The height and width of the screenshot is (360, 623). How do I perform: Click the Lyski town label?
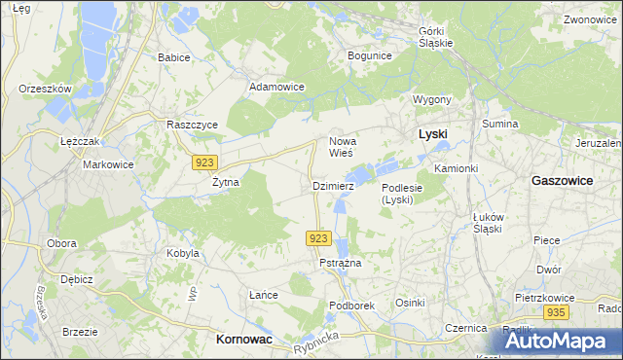pyautogui.click(x=432, y=133)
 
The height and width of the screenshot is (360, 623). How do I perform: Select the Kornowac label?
pyautogui.click(x=242, y=339)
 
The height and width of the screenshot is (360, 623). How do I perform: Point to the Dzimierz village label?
pyautogui.click(x=332, y=185)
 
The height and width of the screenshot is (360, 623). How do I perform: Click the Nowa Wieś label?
pyautogui.click(x=347, y=147)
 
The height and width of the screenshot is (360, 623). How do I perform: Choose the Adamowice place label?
pyautogui.click(x=277, y=87)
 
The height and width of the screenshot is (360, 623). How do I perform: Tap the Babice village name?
pyautogui.click(x=173, y=57)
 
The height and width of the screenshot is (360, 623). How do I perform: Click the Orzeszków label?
pyautogui.click(x=46, y=89)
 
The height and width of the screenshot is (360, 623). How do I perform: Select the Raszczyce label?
pyautogui.click(x=192, y=126)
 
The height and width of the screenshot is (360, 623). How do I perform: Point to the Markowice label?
pyautogui.click(x=107, y=164)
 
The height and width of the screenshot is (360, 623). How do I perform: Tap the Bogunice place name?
pyautogui.click(x=369, y=55)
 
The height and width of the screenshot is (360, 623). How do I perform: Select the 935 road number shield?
pyautogui.click(x=556, y=312)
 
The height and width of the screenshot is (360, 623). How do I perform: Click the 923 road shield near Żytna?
pyautogui.click(x=204, y=162)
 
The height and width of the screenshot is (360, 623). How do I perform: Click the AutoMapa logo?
pyautogui.click(x=558, y=340)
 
